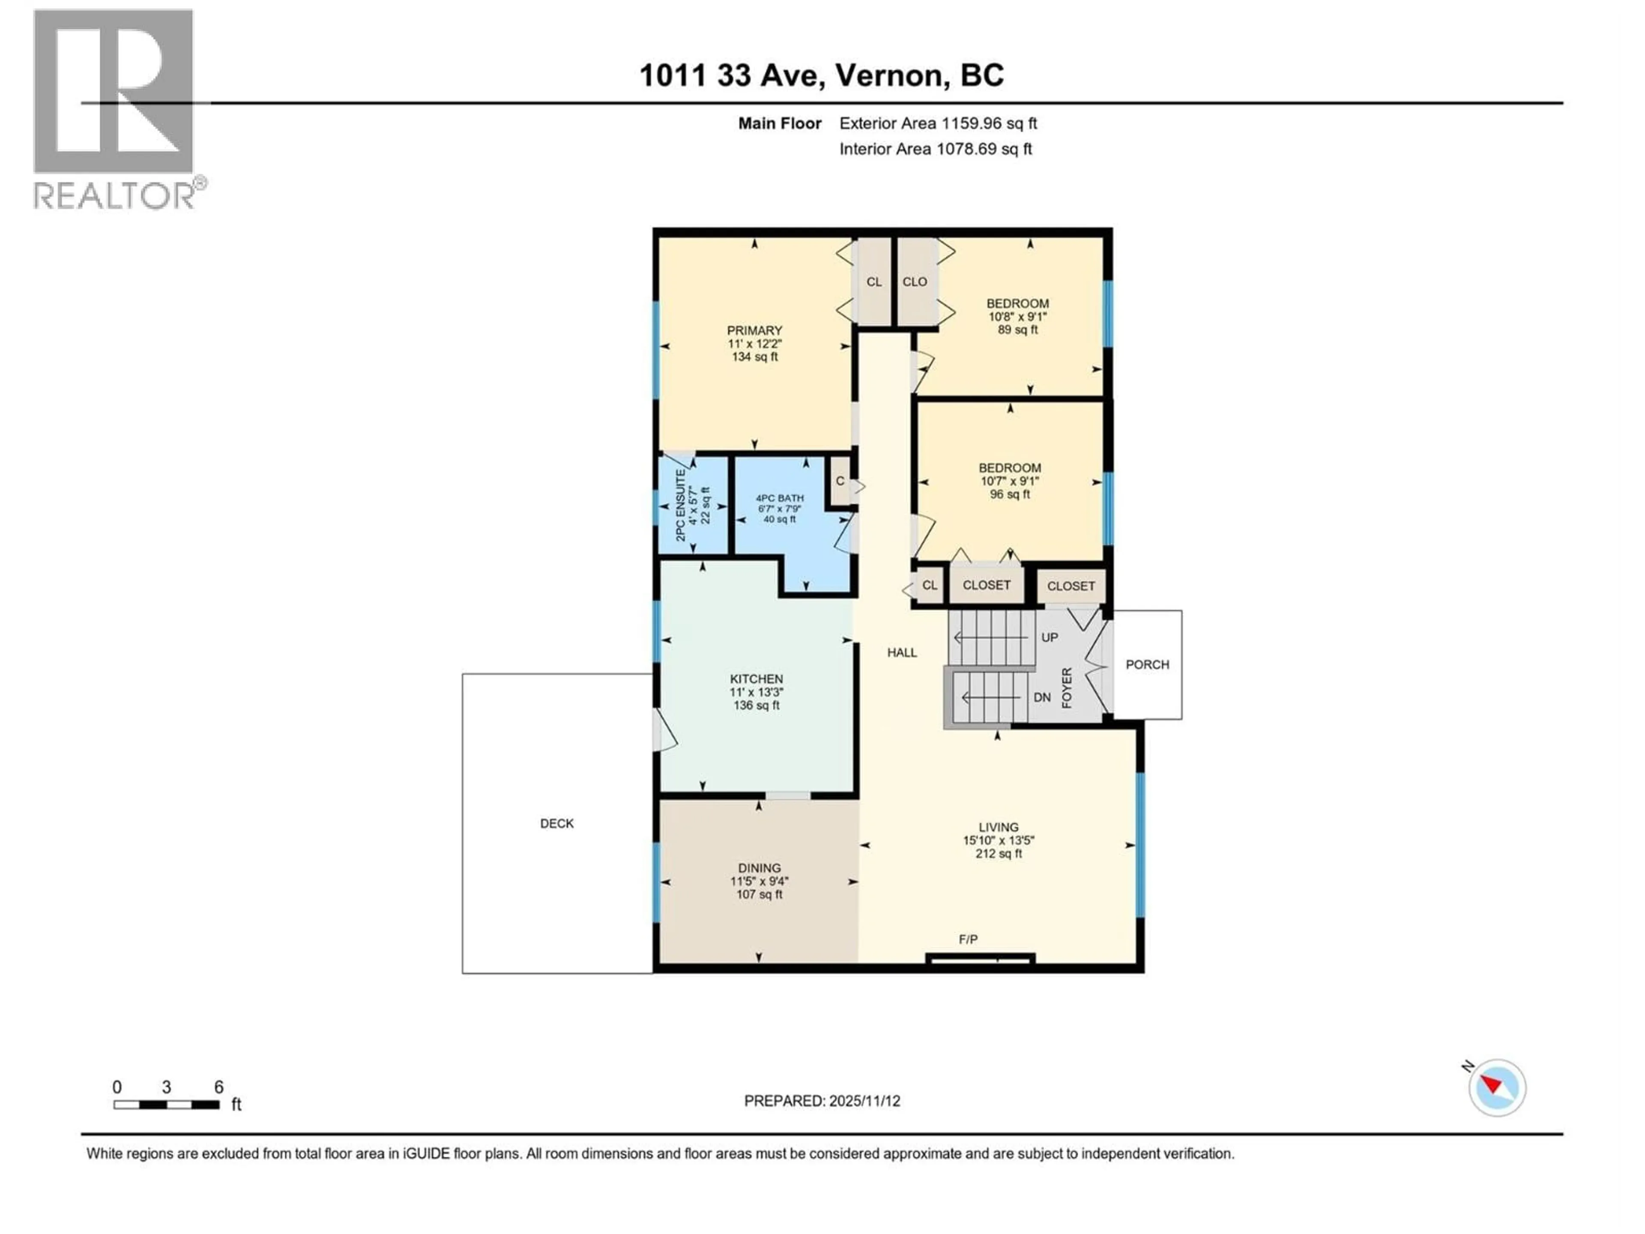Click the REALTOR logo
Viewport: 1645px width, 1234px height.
[x=114, y=109]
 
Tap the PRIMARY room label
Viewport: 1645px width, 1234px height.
[x=754, y=330]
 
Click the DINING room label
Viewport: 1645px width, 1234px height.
[x=759, y=868]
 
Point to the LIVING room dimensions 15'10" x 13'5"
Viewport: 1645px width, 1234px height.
[x=998, y=841]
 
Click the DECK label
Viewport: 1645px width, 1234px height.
[x=556, y=824]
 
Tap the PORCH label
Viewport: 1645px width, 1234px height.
[x=1147, y=664]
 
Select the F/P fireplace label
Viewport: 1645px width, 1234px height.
[x=968, y=940]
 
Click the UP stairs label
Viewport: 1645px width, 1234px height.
[x=1049, y=638]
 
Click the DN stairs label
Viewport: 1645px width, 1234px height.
[x=1042, y=698]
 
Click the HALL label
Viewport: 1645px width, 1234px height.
[x=901, y=652]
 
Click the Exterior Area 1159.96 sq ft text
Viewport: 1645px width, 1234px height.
[x=938, y=123]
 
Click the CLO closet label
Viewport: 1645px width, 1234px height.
[x=914, y=282]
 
